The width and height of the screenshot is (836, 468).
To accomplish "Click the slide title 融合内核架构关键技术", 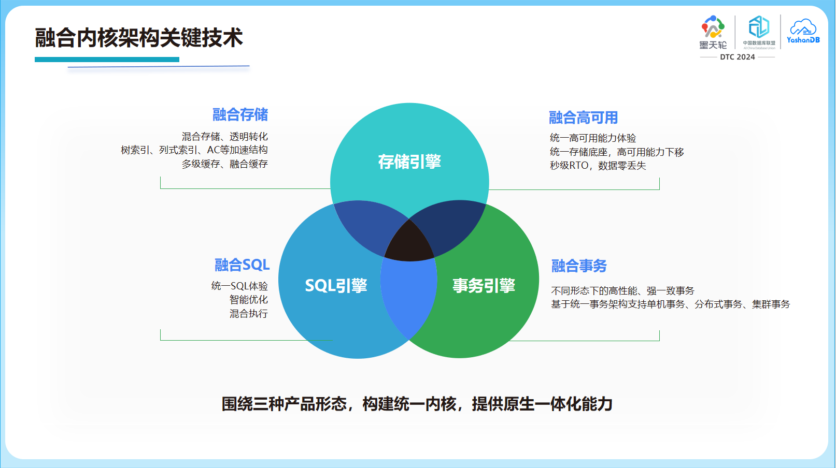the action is click(x=138, y=38).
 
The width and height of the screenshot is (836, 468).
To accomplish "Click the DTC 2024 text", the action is click(x=737, y=57).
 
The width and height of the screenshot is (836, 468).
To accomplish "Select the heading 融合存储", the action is click(x=240, y=114).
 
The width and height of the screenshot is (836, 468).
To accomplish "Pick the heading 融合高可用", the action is click(x=583, y=118).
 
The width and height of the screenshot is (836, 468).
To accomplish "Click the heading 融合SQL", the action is click(x=242, y=265).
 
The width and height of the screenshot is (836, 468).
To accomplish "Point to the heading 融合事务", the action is click(x=579, y=266).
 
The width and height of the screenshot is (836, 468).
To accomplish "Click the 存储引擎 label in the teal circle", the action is click(x=409, y=162).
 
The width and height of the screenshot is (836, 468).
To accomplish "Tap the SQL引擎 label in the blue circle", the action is click(x=336, y=286).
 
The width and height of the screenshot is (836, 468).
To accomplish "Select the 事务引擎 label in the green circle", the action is click(x=484, y=286).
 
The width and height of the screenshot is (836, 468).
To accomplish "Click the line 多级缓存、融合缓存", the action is click(x=224, y=164).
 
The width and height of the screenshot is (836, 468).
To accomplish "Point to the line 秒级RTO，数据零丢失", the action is click(x=598, y=166).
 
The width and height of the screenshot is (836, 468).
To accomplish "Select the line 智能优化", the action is click(x=248, y=300).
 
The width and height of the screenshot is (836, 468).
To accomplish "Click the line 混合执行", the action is click(x=248, y=314).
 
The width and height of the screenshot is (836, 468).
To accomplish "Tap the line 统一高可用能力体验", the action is click(x=592, y=138).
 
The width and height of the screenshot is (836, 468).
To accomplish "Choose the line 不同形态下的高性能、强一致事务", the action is click(x=622, y=291).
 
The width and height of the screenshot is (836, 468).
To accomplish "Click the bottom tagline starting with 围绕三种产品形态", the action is click(x=417, y=404).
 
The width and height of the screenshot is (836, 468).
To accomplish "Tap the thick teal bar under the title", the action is click(x=107, y=60).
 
